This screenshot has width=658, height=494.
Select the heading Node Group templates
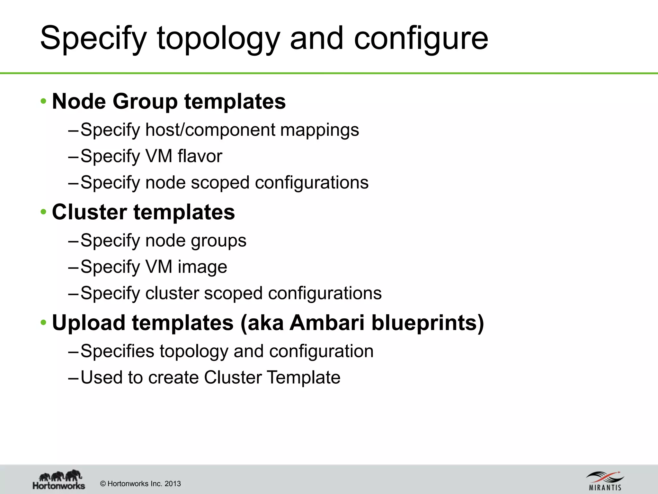(x=169, y=101)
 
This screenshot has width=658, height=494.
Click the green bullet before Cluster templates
(x=44, y=212)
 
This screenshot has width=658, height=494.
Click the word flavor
(x=200, y=156)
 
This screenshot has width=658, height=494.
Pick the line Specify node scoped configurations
(x=224, y=183)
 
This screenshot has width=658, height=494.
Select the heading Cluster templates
(x=143, y=212)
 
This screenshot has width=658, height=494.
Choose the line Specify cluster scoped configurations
(x=231, y=293)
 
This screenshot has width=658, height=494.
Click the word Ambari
(x=327, y=323)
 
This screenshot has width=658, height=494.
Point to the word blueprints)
(x=428, y=323)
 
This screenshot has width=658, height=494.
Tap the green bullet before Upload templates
(x=44, y=322)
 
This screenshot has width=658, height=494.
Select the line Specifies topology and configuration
(x=227, y=351)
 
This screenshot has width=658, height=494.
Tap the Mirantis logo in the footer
(x=605, y=481)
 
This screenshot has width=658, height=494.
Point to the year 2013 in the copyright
(x=173, y=484)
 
